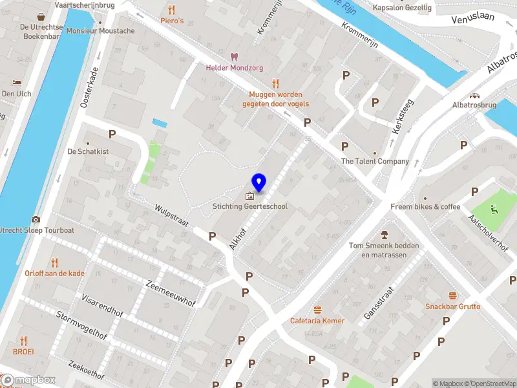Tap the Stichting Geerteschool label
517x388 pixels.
tap(250, 206)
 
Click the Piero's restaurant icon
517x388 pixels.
tap(171, 10)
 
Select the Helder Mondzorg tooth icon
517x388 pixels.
tap(234, 57)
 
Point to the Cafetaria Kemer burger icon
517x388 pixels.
tap(317, 310)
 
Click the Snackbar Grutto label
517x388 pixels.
tap(452, 307)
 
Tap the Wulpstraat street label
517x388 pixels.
tap(171, 216)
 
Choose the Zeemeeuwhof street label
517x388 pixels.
tap(170, 293)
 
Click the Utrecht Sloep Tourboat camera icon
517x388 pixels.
tap(36, 219)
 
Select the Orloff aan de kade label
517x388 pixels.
tap(54, 274)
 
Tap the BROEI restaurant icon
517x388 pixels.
tap(24, 341)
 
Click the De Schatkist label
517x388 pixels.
tap(89, 151)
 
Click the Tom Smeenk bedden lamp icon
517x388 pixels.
tap(384, 234)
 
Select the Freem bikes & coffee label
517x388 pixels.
tap(425, 207)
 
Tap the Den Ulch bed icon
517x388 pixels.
tap(16, 83)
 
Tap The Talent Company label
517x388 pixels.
tap(375, 161)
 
